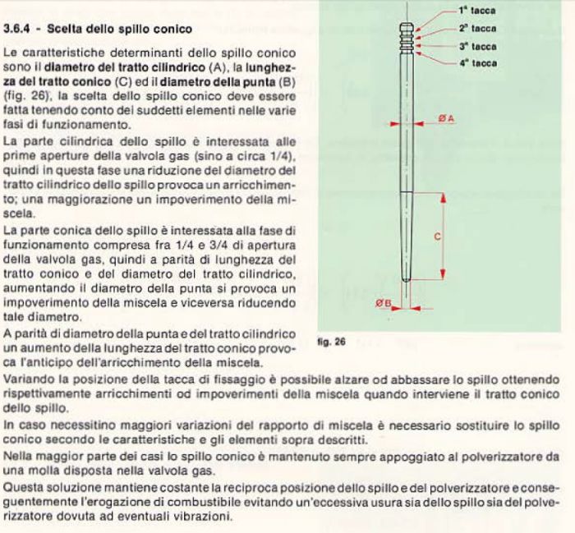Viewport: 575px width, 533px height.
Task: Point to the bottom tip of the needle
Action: pos(408,302)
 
